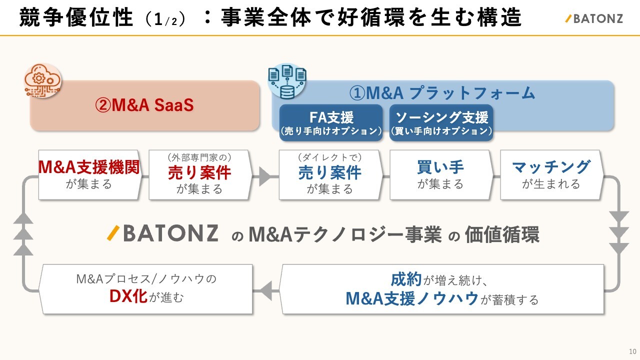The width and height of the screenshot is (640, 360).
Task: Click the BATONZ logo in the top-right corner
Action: (x=593, y=19)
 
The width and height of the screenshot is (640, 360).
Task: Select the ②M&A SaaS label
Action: (x=144, y=106)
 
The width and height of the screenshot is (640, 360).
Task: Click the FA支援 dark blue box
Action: (x=331, y=123)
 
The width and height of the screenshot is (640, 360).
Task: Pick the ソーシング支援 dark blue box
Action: (x=441, y=123)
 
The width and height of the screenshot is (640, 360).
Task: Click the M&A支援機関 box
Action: (x=89, y=174)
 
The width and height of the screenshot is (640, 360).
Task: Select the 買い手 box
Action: (x=440, y=174)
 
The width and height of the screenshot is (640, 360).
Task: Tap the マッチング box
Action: (x=551, y=174)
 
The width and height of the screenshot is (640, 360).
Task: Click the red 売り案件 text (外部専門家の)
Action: (x=199, y=172)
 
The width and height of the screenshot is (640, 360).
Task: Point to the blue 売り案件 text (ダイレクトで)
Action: (x=330, y=172)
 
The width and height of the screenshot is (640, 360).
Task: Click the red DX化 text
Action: (x=128, y=296)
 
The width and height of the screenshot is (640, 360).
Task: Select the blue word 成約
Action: (x=406, y=279)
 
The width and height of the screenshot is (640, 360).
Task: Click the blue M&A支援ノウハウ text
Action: (x=412, y=298)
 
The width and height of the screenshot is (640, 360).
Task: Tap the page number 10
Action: (x=632, y=350)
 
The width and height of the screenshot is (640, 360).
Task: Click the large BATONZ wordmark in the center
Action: (x=163, y=233)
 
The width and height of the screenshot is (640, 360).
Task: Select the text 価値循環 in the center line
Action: (x=501, y=234)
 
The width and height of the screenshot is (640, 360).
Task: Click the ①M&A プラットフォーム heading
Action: (x=442, y=93)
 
